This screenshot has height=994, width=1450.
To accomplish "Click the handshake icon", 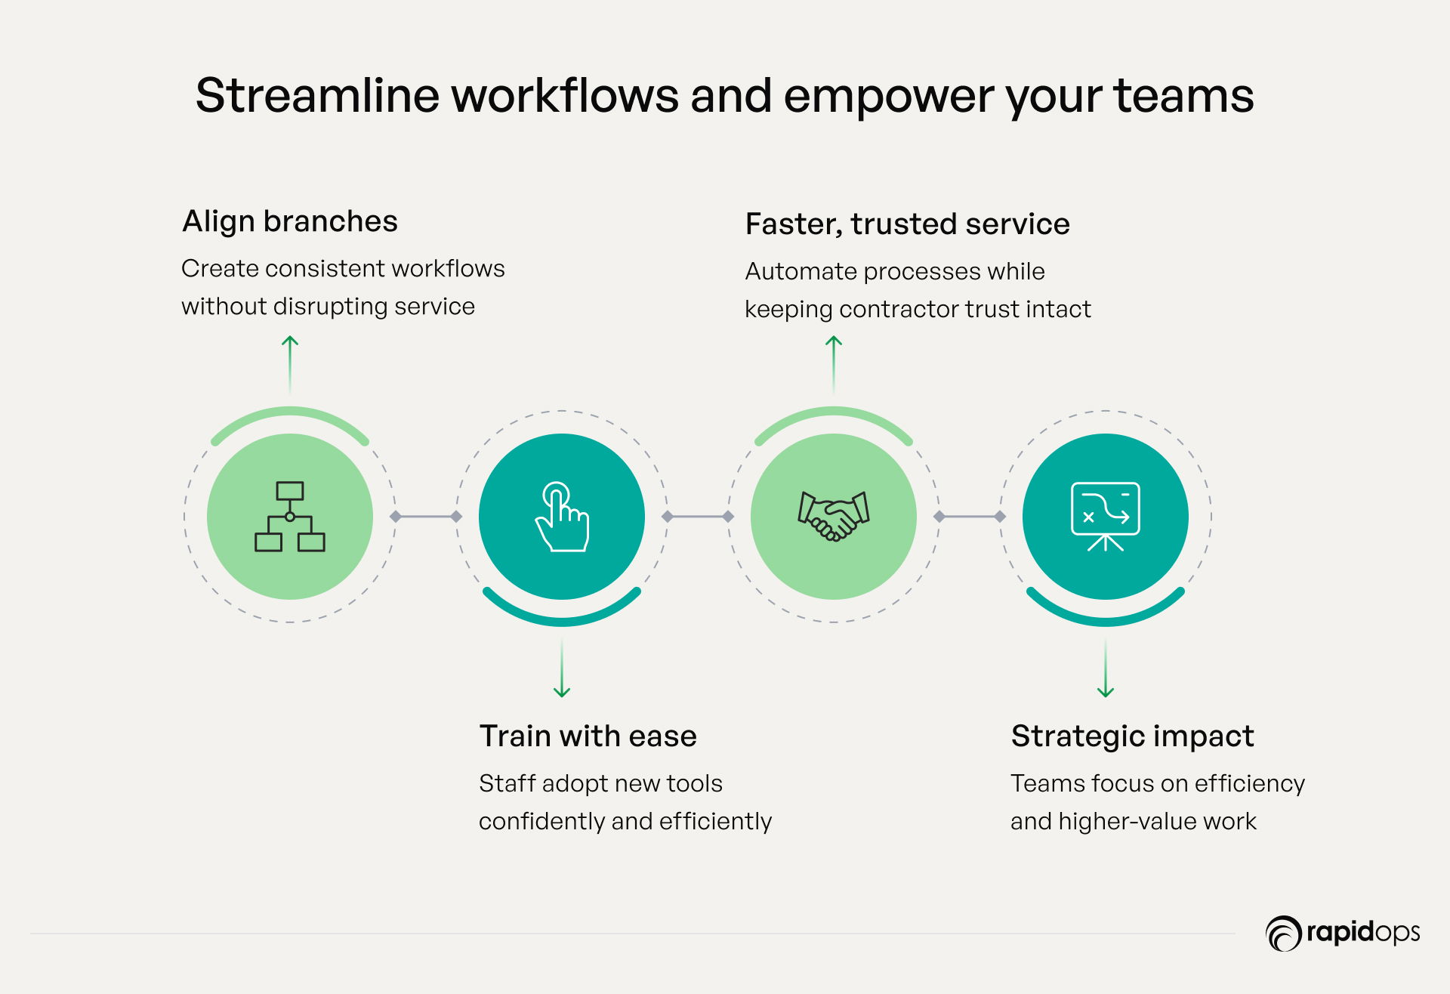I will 834,517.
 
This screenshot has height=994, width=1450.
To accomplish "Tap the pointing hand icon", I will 562,517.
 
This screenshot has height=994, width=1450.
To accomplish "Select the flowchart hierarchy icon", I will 290,517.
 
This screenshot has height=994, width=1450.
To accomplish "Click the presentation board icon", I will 1106,517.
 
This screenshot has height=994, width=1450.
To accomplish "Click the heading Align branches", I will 290,221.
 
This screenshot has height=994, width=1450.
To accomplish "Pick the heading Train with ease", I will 588,736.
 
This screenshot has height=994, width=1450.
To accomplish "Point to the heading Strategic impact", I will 1132,736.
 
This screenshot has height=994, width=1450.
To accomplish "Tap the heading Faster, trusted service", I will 907,224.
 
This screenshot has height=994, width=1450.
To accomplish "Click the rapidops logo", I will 1343,933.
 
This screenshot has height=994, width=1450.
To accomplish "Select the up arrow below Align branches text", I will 290,364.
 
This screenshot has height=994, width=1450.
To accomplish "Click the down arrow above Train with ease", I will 562,669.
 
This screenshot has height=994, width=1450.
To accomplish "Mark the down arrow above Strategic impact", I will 1106,669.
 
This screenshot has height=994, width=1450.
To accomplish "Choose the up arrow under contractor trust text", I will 834,364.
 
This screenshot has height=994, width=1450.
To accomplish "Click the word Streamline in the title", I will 317,96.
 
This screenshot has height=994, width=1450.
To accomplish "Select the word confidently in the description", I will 541,821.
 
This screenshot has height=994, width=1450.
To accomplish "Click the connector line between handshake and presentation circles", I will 970,517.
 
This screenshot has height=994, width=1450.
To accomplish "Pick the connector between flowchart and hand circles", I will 426,517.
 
